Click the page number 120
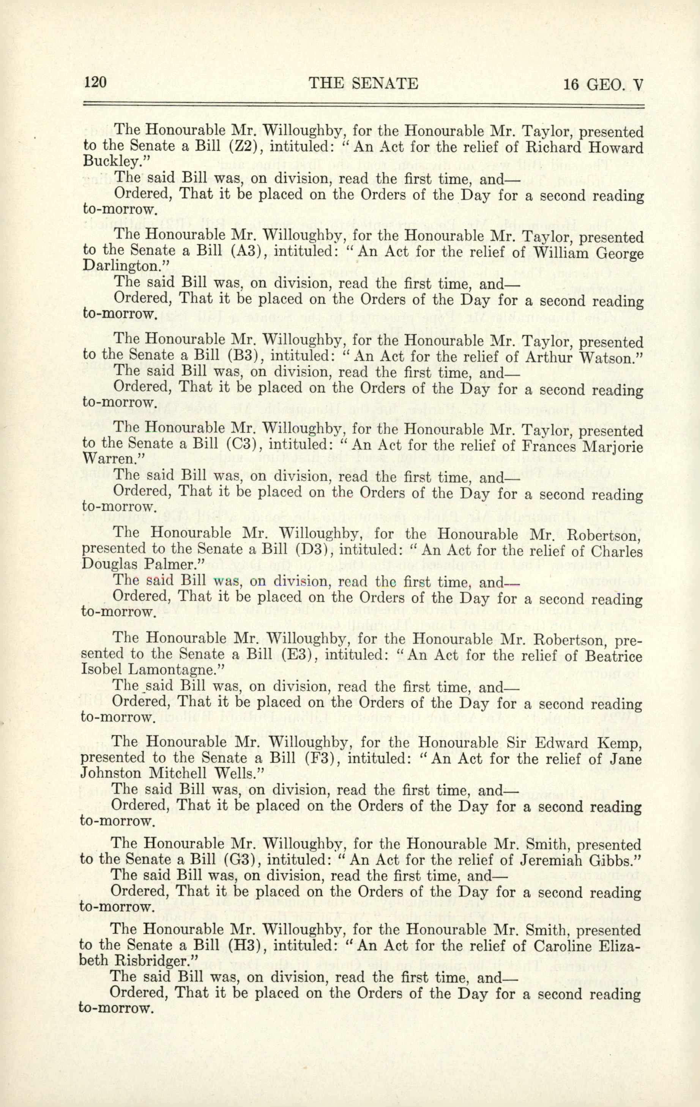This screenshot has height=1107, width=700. pyautogui.click(x=96, y=83)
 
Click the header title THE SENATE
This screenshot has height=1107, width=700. pyautogui.click(x=363, y=83)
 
